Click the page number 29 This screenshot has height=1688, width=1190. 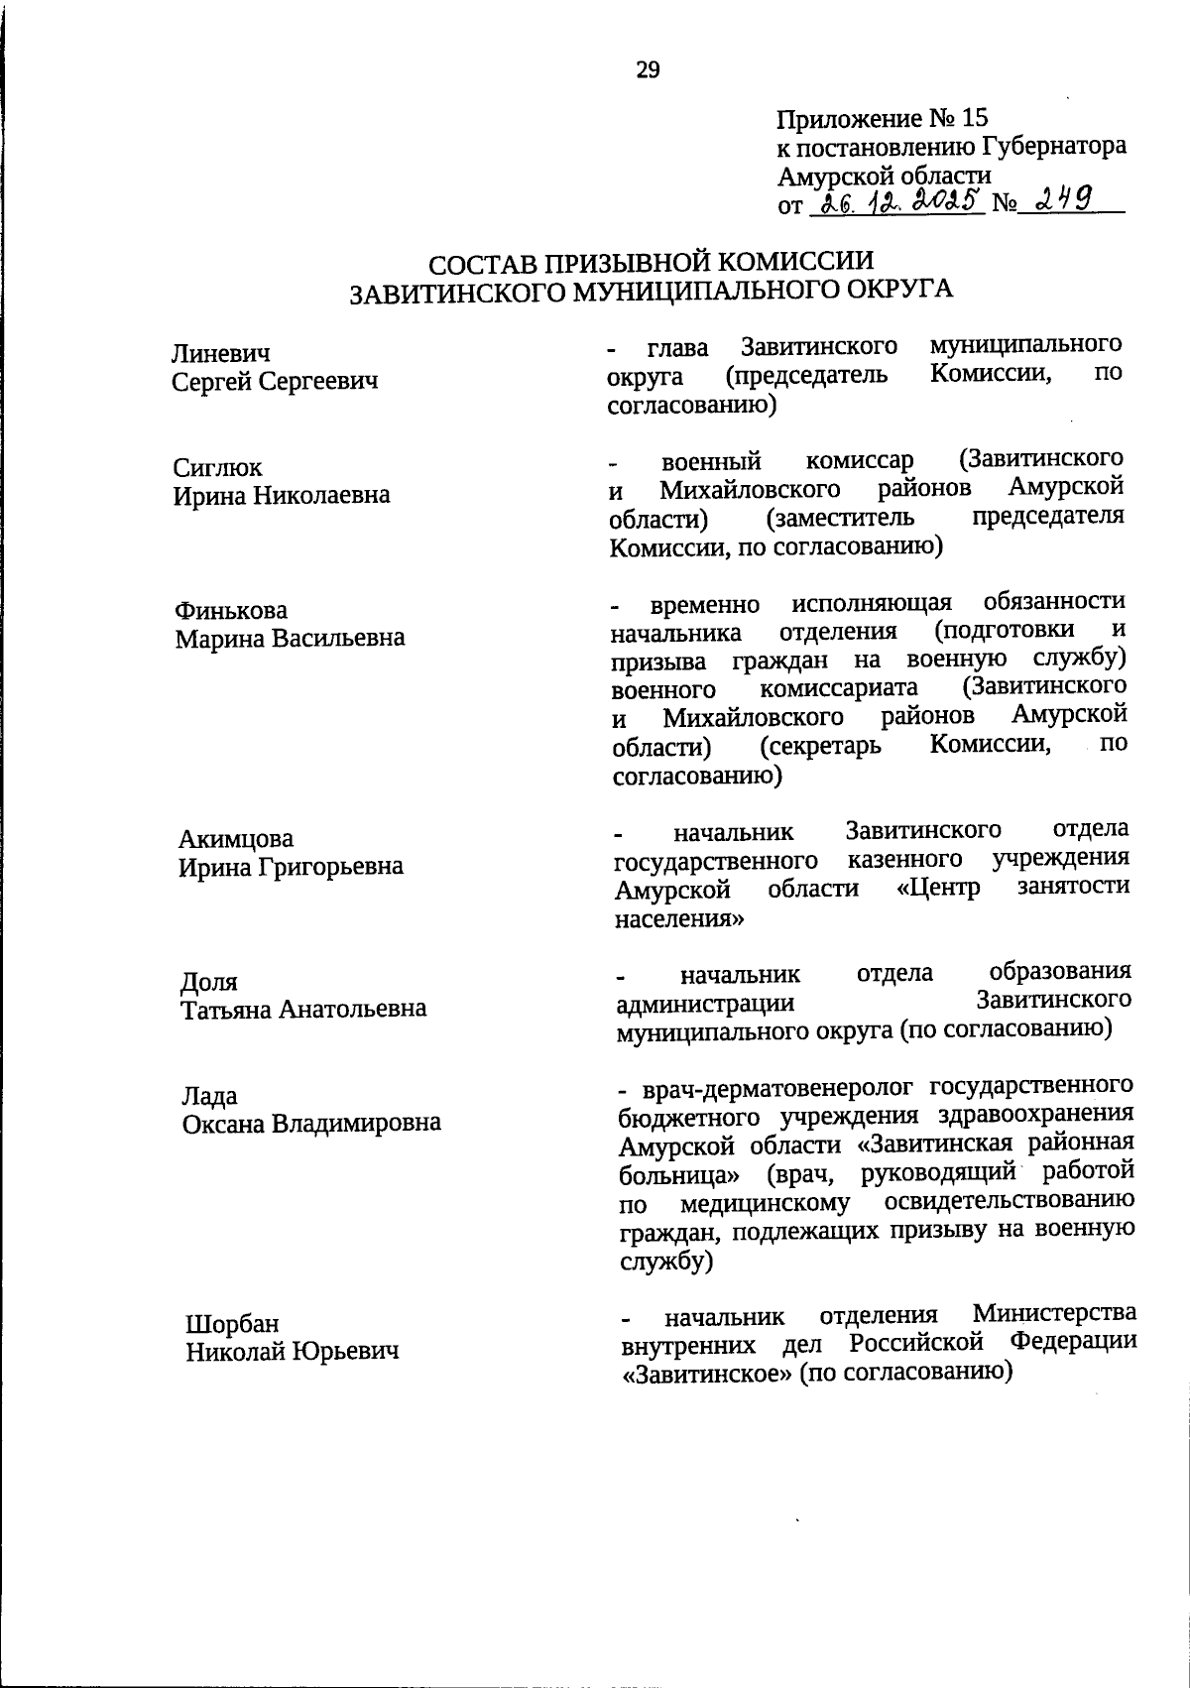(x=648, y=69)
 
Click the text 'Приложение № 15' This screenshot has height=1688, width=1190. (x=882, y=118)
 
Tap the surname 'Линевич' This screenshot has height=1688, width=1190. (x=221, y=353)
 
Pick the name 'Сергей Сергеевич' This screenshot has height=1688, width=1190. (x=275, y=381)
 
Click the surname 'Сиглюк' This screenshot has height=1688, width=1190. (x=218, y=467)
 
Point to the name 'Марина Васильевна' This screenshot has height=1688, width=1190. (x=291, y=638)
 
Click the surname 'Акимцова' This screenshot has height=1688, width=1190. (x=236, y=839)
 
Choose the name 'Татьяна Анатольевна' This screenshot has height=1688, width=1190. (x=303, y=1010)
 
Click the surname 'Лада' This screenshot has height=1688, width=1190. (x=209, y=1096)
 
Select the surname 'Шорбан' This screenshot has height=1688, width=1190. (x=233, y=1324)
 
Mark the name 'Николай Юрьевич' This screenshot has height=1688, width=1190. (x=294, y=1351)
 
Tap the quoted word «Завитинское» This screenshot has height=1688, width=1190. (x=707, y=1374)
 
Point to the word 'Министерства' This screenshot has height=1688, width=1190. (x=1054, y=1315)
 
